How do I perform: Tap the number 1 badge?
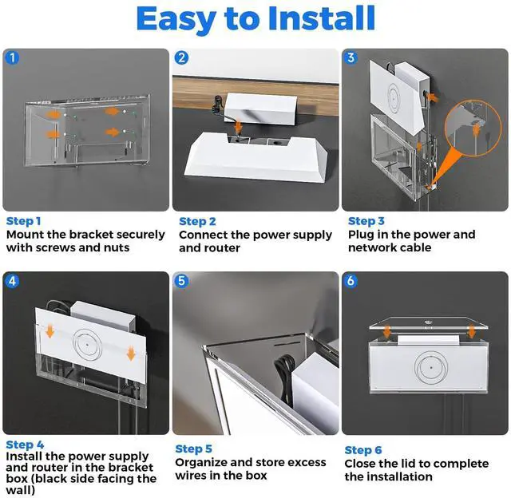(12, 58)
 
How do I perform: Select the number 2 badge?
(182, 58)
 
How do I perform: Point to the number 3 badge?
(351, 58)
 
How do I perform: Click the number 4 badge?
(12, 281)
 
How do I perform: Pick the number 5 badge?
(182, 281)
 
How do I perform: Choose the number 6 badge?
(351, 281)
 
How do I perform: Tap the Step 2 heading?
(197, 221)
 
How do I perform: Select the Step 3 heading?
(366, 221)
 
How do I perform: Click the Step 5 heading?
(194, 449)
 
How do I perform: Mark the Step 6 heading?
(363, 450)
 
